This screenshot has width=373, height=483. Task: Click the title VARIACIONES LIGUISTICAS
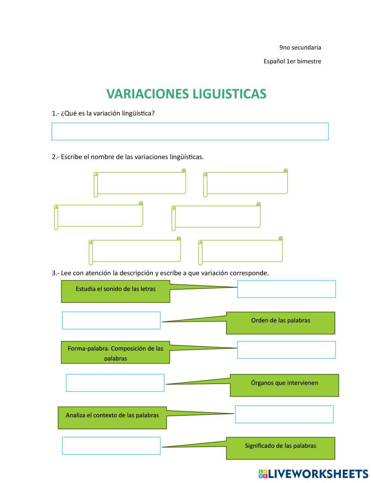click(x=186, y=94)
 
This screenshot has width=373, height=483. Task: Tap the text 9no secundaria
click(x=300, y=47)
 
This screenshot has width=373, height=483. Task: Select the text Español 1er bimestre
click(x=292, y=61)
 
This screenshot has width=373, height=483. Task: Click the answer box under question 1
click(x=190, y=131)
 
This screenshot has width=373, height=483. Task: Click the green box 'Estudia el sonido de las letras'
click(x=115, y=292)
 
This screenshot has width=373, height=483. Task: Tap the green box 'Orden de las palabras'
click(x=280, y=322)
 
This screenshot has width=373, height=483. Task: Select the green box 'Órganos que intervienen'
click(x=284, y=385)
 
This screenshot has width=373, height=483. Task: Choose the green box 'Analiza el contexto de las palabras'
click(x=112, y=417)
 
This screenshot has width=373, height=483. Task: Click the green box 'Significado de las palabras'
click(x=280, y=448)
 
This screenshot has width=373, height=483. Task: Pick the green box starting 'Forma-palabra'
click(x=115, y=352)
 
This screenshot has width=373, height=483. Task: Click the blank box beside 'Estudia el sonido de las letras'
click(x=286, y=289)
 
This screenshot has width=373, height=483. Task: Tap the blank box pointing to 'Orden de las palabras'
click(x=111, y=320)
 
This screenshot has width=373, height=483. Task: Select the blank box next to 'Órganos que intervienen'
click(x=115, y=383)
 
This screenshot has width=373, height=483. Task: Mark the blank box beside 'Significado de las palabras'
click(x=111, y=446)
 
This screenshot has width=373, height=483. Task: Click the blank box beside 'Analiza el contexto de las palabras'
click(x=284, y=414)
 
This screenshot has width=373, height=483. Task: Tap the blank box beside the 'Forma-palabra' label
click(x=286, y=350)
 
